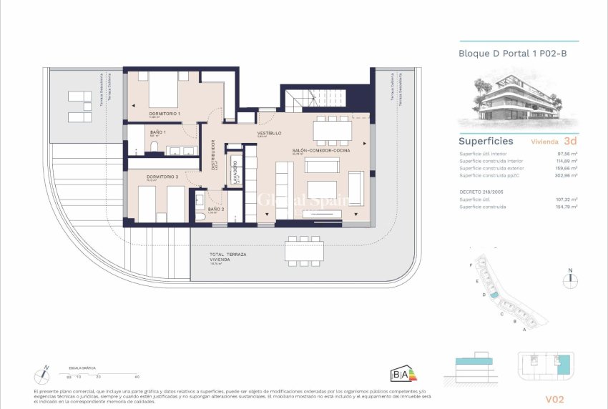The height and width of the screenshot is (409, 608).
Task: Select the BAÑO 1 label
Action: point(157,132)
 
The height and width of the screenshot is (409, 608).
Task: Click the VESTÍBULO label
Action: point(269,133)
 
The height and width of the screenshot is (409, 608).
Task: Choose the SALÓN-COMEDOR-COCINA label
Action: point(320,151)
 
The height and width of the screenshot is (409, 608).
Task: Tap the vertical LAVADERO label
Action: point(235,172)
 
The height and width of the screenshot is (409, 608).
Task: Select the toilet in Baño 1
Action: point(154,148)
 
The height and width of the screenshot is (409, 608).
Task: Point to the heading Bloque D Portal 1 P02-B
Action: point(506,54)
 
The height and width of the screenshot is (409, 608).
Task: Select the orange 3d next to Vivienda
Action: point(571,141)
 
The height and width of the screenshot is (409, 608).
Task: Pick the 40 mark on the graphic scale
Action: point(137,376)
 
